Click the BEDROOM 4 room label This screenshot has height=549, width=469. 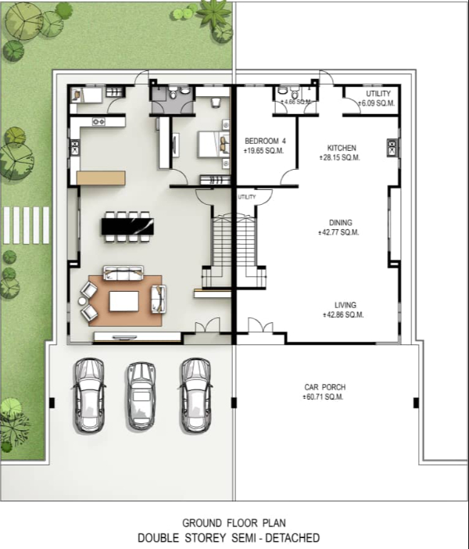click(x=265, y=141)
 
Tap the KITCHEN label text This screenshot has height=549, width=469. click(x=342, y=148)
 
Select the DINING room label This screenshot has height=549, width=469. click(x=341, y=223)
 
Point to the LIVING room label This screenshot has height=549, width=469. click(x=345, y=305)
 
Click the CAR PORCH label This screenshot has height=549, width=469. click(x=325, y=387)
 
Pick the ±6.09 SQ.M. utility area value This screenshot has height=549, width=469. click(x=377, y=104)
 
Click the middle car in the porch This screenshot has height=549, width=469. click(x=141, y=396)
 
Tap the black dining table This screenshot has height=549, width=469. click(x=127, y=227)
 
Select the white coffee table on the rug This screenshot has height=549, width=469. click(x=124, y=301)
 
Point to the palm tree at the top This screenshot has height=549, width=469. click(x=213, y=13)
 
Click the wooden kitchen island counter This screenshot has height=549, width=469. click(x=101, y=178)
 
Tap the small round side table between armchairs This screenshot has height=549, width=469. click(x=82, y=301)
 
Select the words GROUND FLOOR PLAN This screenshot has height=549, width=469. click(x=234, y=523)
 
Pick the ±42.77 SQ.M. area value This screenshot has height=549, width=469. click(x=338, y=232)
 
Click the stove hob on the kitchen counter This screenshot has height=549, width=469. click(x=98, y=122)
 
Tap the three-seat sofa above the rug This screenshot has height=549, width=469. click(x=124, y=273)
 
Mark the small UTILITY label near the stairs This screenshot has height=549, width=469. click(x=247, y=197)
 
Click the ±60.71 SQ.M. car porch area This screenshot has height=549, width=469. click(x=323, y=396)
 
